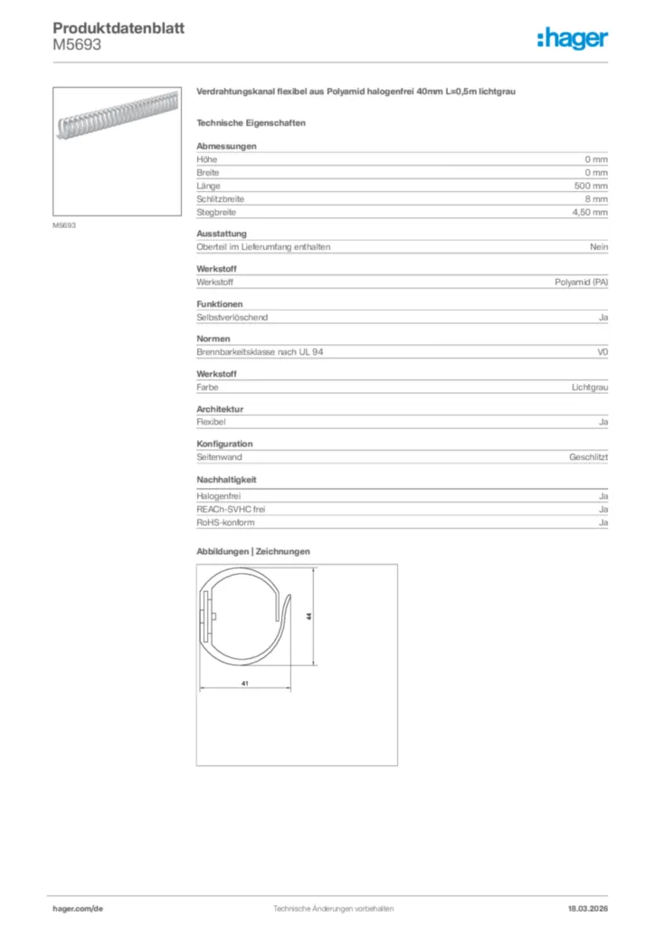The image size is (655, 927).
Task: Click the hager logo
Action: pyautogui.click(x=572, y=38)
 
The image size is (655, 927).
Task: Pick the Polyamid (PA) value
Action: pyautogui.click(x=581, y=282)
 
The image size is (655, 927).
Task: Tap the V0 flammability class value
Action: pyautogui.click(x=603, y=352)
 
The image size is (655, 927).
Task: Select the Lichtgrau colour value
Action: pyautogui.click(x=589, y=387)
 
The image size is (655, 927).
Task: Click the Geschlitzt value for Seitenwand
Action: pyautogui.click(x=588, y=458)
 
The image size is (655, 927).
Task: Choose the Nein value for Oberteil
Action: pyautogui.click(x=599, y=247)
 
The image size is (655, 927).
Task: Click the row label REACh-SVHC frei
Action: pyautogui.click(x=231, y=510)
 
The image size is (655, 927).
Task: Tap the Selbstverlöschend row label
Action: pyautogui.click(x=233, y=318)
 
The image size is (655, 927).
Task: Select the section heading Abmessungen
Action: pyautogui.click(x=226, y=146)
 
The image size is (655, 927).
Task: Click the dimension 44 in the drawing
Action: pyautogui.click(x=309, y=616)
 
